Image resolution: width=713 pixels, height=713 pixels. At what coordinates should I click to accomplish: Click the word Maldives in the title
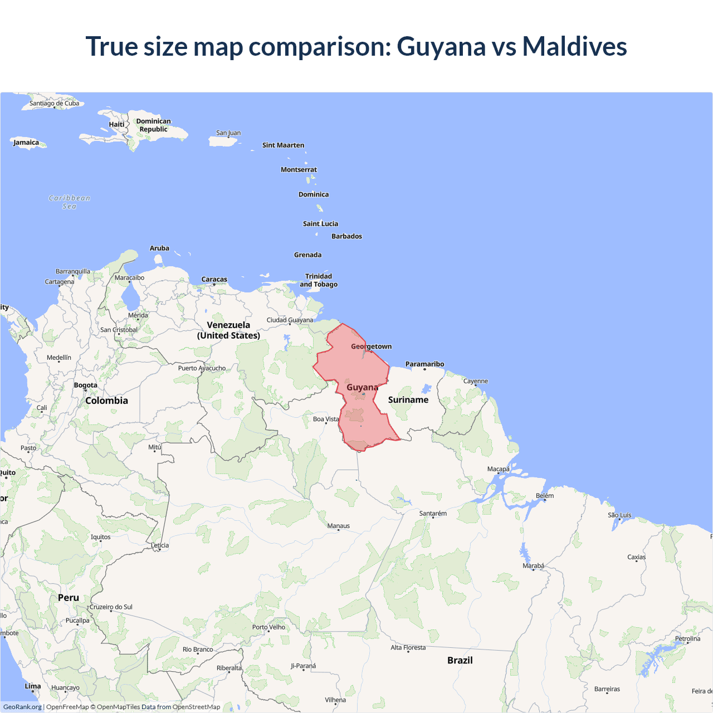(x=574, y=46)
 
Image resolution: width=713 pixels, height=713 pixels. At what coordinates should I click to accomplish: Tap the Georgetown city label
(x=372, y=346)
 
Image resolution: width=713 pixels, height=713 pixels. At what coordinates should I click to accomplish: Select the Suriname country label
(x=408, y=400)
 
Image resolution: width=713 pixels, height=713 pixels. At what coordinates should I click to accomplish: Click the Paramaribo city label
(x=425, y=364)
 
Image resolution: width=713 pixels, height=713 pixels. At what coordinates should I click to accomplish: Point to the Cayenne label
(x=476, y=382)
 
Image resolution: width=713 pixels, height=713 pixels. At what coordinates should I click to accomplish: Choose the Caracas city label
(x=214, y=280)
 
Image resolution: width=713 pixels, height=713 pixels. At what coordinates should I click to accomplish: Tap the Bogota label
(x=86, y=385)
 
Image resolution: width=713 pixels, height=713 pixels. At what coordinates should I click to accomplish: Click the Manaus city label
(x=339, y=526)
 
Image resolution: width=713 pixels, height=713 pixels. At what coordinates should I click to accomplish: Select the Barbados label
(x=346, y=236)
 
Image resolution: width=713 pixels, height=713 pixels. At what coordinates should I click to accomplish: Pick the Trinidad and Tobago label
(x=319, y=280)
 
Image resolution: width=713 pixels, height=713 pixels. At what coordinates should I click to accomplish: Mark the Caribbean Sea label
(x=70, y=202)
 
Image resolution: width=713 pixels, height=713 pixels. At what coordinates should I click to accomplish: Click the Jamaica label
(x=27, y=143)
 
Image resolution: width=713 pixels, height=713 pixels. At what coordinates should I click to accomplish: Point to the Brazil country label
(x=460, y=660)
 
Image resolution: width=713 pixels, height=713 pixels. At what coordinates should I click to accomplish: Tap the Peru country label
(x=69, y=598)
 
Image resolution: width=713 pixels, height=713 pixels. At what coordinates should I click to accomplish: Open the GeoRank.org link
(x=22, y=707)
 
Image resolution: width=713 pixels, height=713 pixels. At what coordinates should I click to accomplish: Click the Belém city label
(x=545, y=496)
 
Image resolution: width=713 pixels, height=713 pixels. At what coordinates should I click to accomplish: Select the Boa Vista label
(x=326, y=419)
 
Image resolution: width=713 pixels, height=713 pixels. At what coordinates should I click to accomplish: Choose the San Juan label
(x=228, y=133)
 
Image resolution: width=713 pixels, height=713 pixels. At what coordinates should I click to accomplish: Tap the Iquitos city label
(x=101, y=537)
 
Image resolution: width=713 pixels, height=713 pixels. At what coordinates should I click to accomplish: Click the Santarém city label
(x=433, y=514)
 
